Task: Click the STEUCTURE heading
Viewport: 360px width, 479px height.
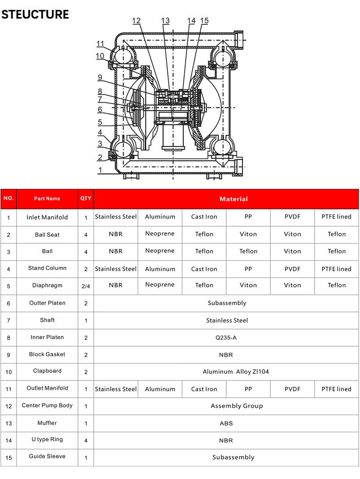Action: pyautogui.click(x=35, y=14)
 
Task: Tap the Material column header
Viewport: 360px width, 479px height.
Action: pyautogui.click(x=234, y=199)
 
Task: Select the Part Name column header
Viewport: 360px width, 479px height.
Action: pyautogui.click(x=47, y=199)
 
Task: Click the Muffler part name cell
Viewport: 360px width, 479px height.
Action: pyautogui.click(x=47, y=423)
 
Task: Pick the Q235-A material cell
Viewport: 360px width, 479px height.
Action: pyautogui.click(x=226, y=337)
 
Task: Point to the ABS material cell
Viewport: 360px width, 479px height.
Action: pyautogui.click(x=226, y=423)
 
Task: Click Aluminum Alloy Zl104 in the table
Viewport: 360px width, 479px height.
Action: pyautogui.click(x=235, y=372)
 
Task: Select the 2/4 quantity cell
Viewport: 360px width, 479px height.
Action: pyautogui.click(x=85, y=286)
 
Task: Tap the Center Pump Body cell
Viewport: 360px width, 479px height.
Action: pyautogui.click(x=47, y=405)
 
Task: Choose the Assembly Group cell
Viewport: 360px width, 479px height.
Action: pyautogui.click(x=237, y=406)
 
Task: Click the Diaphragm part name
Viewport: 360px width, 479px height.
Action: pyautogui.click(x=47, y=285)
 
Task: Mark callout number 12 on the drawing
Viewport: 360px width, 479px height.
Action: pyautogui.click(x=136, y=21)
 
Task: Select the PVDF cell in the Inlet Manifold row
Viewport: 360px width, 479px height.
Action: pyautogui.click(x=292, y=217)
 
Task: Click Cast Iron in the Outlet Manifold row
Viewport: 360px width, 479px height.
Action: pyautogui.click(x=204, y=389)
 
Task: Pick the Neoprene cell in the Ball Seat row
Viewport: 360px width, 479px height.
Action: pyautogui.click(x=160, y=233)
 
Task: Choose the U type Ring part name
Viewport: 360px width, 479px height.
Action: pyautogui.click(x=47, y=439)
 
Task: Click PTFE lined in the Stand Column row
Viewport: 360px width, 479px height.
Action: pyautogui.click(x=337, y=269)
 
